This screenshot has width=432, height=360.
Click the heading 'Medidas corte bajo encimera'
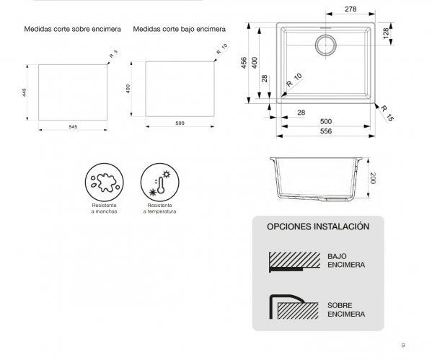coord(180,30)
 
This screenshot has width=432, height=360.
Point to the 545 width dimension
coord(73,126)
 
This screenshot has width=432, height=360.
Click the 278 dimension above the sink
coord(351,9)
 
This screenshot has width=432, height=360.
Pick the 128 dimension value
coord(387,34)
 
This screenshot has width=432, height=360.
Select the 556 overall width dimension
coord(326,131)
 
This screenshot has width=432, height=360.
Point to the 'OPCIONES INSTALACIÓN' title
coord(318,226)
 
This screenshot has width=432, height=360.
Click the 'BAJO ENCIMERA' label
coord(345,260)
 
